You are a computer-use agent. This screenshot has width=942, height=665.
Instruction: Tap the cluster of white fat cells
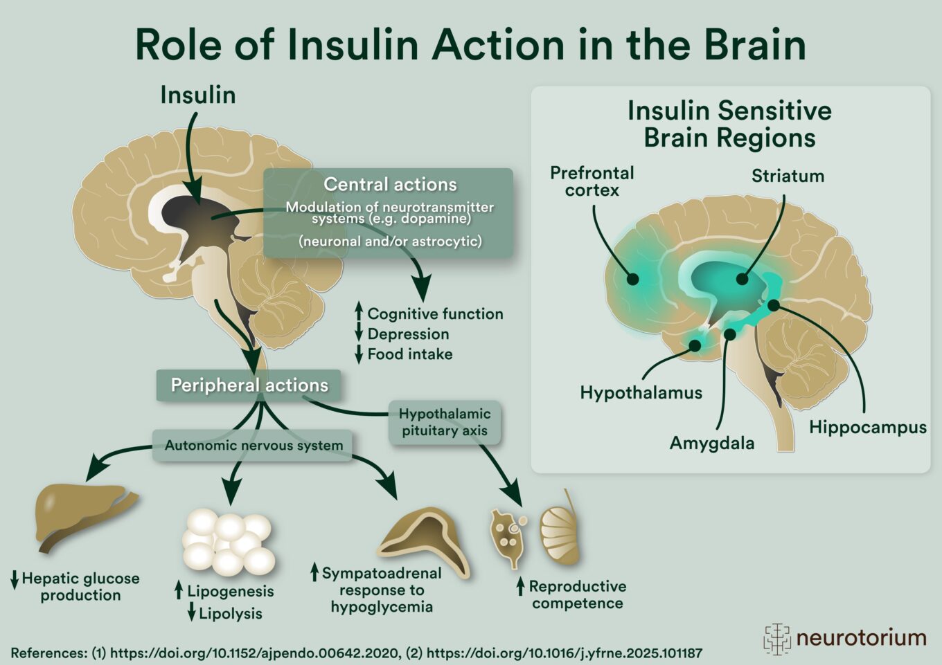(x=228, y=543)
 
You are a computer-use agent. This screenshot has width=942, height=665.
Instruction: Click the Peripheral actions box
(x=249, y=385)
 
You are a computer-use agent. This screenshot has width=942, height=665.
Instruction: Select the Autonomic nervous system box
(x=254, y=445)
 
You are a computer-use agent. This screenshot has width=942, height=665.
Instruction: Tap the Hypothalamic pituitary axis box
(x=445, y=422)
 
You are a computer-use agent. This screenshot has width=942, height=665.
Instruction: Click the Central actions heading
(x=390, y=184)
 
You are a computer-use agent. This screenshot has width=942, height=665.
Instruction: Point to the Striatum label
(x=788, y=176)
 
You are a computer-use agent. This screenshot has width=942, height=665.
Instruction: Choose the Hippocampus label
(x=867, y=427)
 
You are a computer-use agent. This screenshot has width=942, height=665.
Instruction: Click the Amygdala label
(x=712, y=443)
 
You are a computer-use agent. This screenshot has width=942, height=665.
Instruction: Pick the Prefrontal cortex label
(x=592, y=181)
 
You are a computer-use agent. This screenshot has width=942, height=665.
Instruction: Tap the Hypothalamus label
(x=641, y=393)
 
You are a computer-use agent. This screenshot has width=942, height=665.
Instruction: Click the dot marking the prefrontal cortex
(x=632, y=280)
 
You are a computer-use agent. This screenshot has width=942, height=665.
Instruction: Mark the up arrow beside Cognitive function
(x=359, y=312)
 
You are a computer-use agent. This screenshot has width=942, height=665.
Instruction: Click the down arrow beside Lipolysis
(x=192, y=612)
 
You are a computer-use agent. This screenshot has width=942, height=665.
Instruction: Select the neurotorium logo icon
(x=776, y=638)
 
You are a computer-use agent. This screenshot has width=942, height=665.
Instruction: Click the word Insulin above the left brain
(x=198, y=95)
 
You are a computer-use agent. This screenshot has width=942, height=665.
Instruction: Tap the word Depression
(x=408, y=334)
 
